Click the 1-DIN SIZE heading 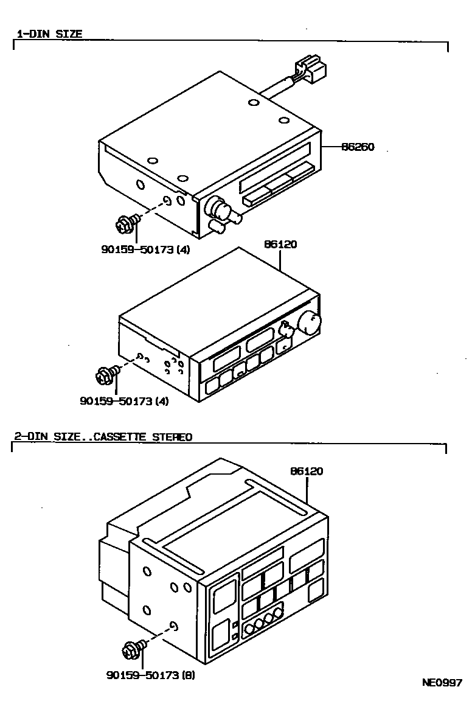click(49, 34)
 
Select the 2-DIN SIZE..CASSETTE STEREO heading click(103, 436)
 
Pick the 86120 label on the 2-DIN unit click(306, 471)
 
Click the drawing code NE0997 click(442, 682)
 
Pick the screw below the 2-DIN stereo click(133, 649)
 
